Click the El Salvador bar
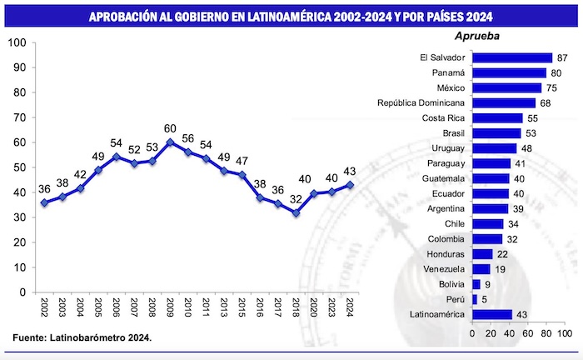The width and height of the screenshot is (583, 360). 512,57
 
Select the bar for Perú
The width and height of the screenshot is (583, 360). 474,299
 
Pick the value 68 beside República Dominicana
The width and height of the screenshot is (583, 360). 546,102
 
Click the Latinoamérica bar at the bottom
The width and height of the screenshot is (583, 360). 491,314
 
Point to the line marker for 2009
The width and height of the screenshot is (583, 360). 170,142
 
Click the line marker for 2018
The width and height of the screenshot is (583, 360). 295,212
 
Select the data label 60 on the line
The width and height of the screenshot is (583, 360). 170,128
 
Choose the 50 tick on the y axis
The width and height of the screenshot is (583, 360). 18,167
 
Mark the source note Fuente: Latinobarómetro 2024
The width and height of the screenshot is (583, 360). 82,337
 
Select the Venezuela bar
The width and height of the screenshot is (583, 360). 481,269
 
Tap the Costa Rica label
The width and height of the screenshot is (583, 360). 442,118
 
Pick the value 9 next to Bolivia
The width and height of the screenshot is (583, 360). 488,284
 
